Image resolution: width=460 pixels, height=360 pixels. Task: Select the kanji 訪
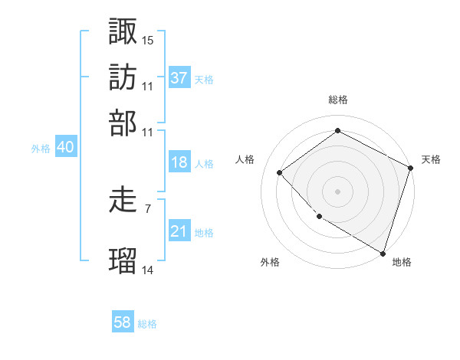point(123,77)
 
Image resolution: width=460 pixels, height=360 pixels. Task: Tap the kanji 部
point(123,123)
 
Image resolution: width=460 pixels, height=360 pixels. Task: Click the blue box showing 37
point(179,78)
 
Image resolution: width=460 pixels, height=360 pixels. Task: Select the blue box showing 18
point(179,162)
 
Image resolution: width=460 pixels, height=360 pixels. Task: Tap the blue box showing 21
point(179,231)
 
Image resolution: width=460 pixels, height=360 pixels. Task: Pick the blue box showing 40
point(65,148)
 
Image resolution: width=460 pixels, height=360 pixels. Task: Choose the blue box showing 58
point(123,323)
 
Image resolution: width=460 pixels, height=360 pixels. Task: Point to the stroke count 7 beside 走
point(148,208)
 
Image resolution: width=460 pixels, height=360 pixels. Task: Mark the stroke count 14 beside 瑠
point(147,270)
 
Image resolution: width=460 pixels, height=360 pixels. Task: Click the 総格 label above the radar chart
point(338,100)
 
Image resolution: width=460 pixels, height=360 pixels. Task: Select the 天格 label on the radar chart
point(431,159)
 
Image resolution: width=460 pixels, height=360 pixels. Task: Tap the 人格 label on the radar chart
point(245,159)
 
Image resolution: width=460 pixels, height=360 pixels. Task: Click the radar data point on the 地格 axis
point(383,252)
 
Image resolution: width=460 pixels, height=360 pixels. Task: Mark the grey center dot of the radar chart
point(338,191)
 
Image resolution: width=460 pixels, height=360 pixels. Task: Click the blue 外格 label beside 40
point(41,149)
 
